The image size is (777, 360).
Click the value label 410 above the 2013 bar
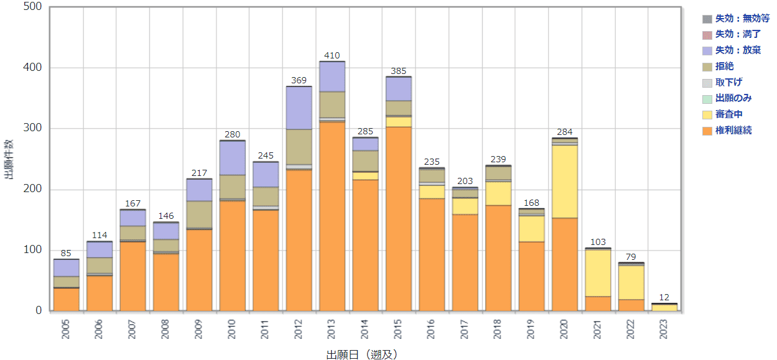pyautogui.click(x=332, y=56)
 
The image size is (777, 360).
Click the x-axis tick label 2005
pyautogui.click(x=66, y=330)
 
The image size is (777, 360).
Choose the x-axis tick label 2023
pyautogui.click(x=665, y=330)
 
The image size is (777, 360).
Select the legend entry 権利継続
pyautogui.click(x=733, y=131)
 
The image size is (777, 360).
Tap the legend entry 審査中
pyautogui.click(x=728, y=114)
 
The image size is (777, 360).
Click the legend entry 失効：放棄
pyautogui.click(x=738, y=50)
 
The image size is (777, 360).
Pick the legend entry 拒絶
pyautogui.click(x=724, y=66)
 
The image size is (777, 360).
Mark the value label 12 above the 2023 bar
pyautogui.click(x=664, y=297)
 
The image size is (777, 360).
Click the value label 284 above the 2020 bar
pyautogui.click(x=565, y=132)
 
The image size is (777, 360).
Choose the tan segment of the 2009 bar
pyautogui.click(x=199, y=215)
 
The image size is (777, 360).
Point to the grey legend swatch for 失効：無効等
pyautogui.click(x=707, y=19)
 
